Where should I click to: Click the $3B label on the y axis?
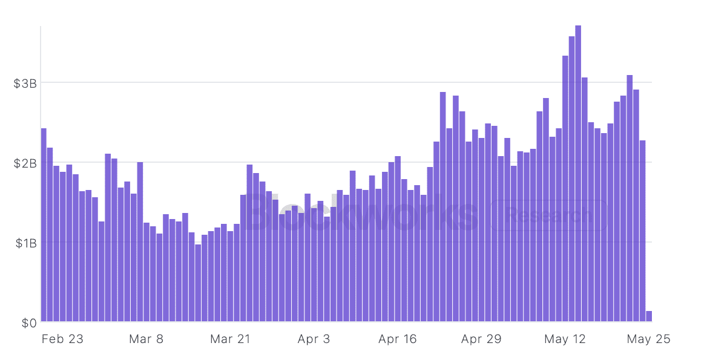click(x=25, y=83)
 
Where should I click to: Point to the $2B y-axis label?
click(x=25, y=163)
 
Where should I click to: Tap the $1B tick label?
click(x=25, y=243)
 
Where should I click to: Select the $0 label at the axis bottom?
click(x=29, y=323)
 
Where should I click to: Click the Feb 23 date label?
click(x=62, y=339)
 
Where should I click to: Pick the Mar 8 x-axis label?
click(x=146, y=339)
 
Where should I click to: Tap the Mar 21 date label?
click(x=230, y=339)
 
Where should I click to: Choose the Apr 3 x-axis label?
click(x=314, y=339)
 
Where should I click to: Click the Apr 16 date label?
click(x=397, y=339)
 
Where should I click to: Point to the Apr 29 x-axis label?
click(x=481, y=339)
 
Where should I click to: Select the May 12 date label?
click(x=565, y=339)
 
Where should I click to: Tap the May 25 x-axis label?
click(x=649, y=339)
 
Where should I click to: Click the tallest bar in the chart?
click(x=578, y=175)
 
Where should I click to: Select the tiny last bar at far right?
click(x=649, y=316)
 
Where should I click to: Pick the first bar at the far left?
click(x=44, y=224)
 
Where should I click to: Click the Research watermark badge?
click(x=549, y=215)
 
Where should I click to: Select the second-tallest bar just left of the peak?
click(x=571, y=182)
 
